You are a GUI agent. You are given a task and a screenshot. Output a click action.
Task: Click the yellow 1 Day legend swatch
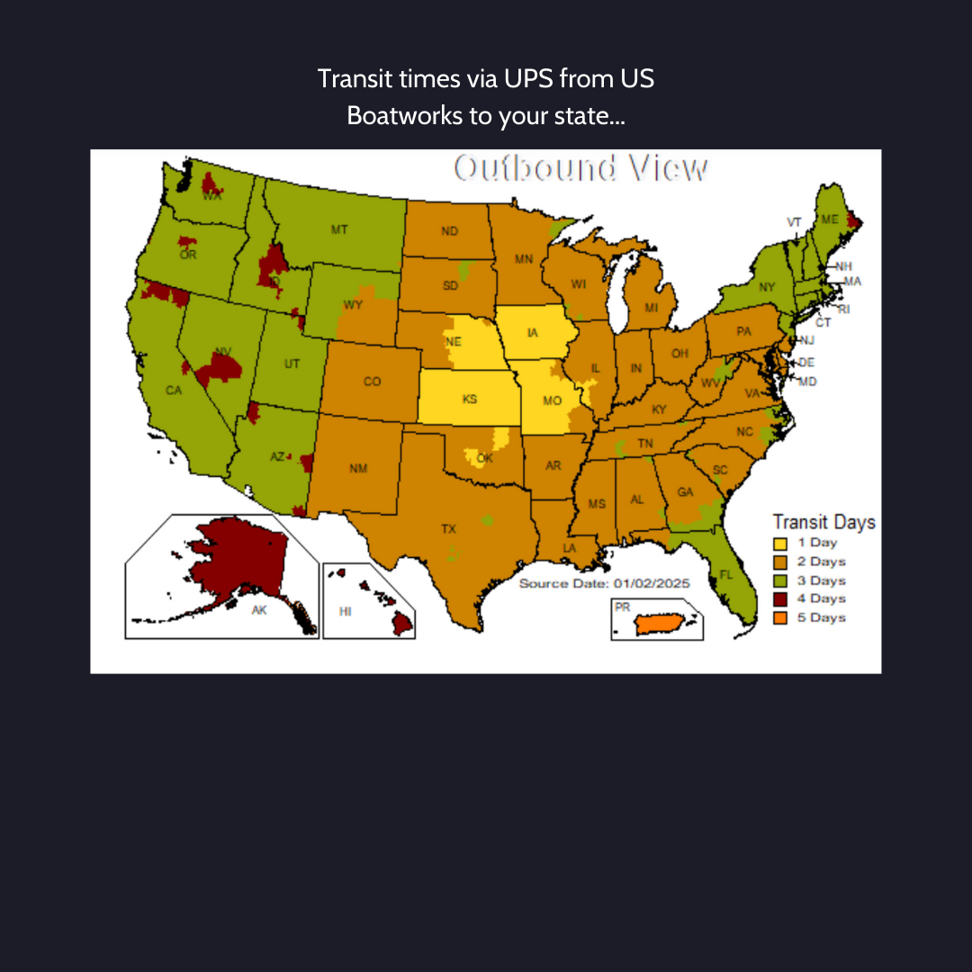coord(779,543)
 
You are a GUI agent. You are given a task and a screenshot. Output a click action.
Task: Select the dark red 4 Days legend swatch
coord(779,598)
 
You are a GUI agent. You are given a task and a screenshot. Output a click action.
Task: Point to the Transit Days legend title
coord(823,522)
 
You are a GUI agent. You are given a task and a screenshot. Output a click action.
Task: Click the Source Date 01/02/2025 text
coord(604,583)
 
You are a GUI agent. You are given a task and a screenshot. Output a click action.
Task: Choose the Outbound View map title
coord(580,168)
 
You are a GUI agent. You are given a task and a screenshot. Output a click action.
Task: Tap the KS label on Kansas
coord(470,399)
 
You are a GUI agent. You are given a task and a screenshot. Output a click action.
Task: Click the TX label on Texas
coord(448,528)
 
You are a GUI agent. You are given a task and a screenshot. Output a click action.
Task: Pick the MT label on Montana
coord(338,230)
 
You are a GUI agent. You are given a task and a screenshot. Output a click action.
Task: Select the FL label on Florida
coord(726,572)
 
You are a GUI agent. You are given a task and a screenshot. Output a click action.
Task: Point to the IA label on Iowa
coord(532,334)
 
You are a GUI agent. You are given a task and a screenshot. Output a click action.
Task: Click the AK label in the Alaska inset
coord(259,610)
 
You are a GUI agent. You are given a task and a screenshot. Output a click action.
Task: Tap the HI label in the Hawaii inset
coord(345,610)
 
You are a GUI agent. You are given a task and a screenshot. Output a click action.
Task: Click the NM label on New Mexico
coord(357,468)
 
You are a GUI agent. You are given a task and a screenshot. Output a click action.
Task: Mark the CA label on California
coord(174,391)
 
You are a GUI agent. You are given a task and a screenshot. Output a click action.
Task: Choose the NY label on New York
coord(766,287)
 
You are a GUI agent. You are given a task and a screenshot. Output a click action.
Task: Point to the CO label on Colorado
coord(372,382)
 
